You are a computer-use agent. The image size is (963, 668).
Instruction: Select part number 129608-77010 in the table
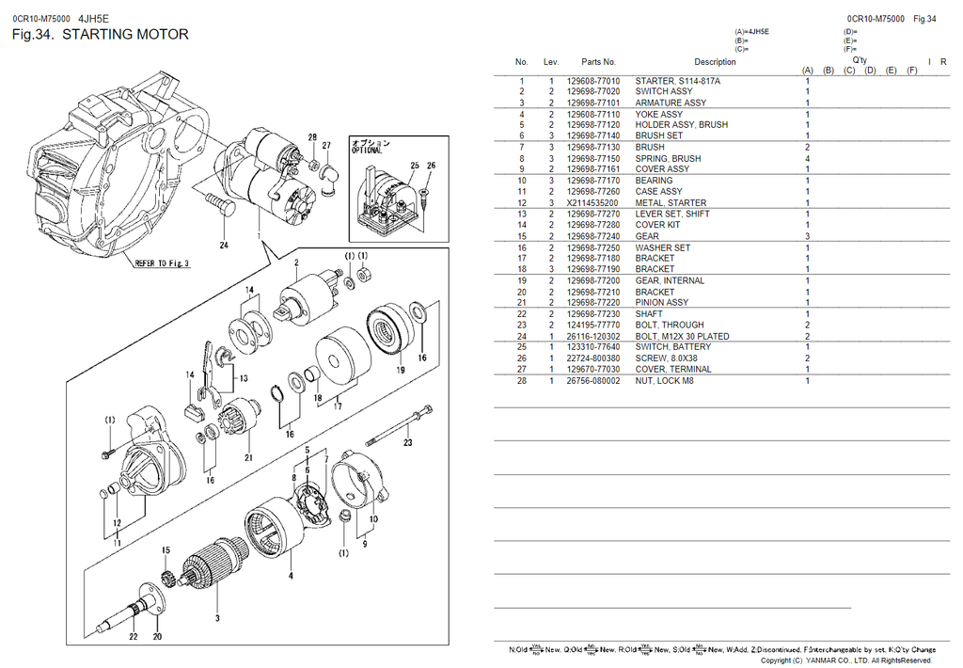[593, 81]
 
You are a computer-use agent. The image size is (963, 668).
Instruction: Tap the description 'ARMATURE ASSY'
[671, 103]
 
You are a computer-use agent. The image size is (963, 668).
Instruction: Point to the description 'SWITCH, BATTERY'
[673, 347]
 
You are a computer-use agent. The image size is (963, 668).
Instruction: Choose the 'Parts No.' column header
[598, 62]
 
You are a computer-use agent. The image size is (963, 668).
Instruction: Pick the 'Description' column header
[715, 62]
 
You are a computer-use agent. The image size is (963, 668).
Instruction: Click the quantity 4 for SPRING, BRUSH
[807, 159]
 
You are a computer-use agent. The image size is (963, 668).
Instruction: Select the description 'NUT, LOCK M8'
[664, 381]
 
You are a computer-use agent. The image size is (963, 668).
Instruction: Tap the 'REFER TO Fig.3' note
[162, 263]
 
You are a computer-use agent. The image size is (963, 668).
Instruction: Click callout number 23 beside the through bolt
[407, 441]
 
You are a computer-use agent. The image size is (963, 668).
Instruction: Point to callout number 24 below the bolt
[224, 247]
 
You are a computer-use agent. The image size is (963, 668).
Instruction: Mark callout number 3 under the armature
[217, 618]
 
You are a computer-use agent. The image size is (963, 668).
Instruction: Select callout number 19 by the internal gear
[400, 371]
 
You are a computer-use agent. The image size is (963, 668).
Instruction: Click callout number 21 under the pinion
[248, 458]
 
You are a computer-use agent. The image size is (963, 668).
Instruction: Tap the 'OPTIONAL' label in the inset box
[367, 151]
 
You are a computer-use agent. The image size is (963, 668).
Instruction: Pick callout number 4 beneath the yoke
[291, 575]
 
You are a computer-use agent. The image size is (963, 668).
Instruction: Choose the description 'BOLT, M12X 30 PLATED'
[682, 336]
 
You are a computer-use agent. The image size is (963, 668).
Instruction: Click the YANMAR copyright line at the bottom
[845, 660]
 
